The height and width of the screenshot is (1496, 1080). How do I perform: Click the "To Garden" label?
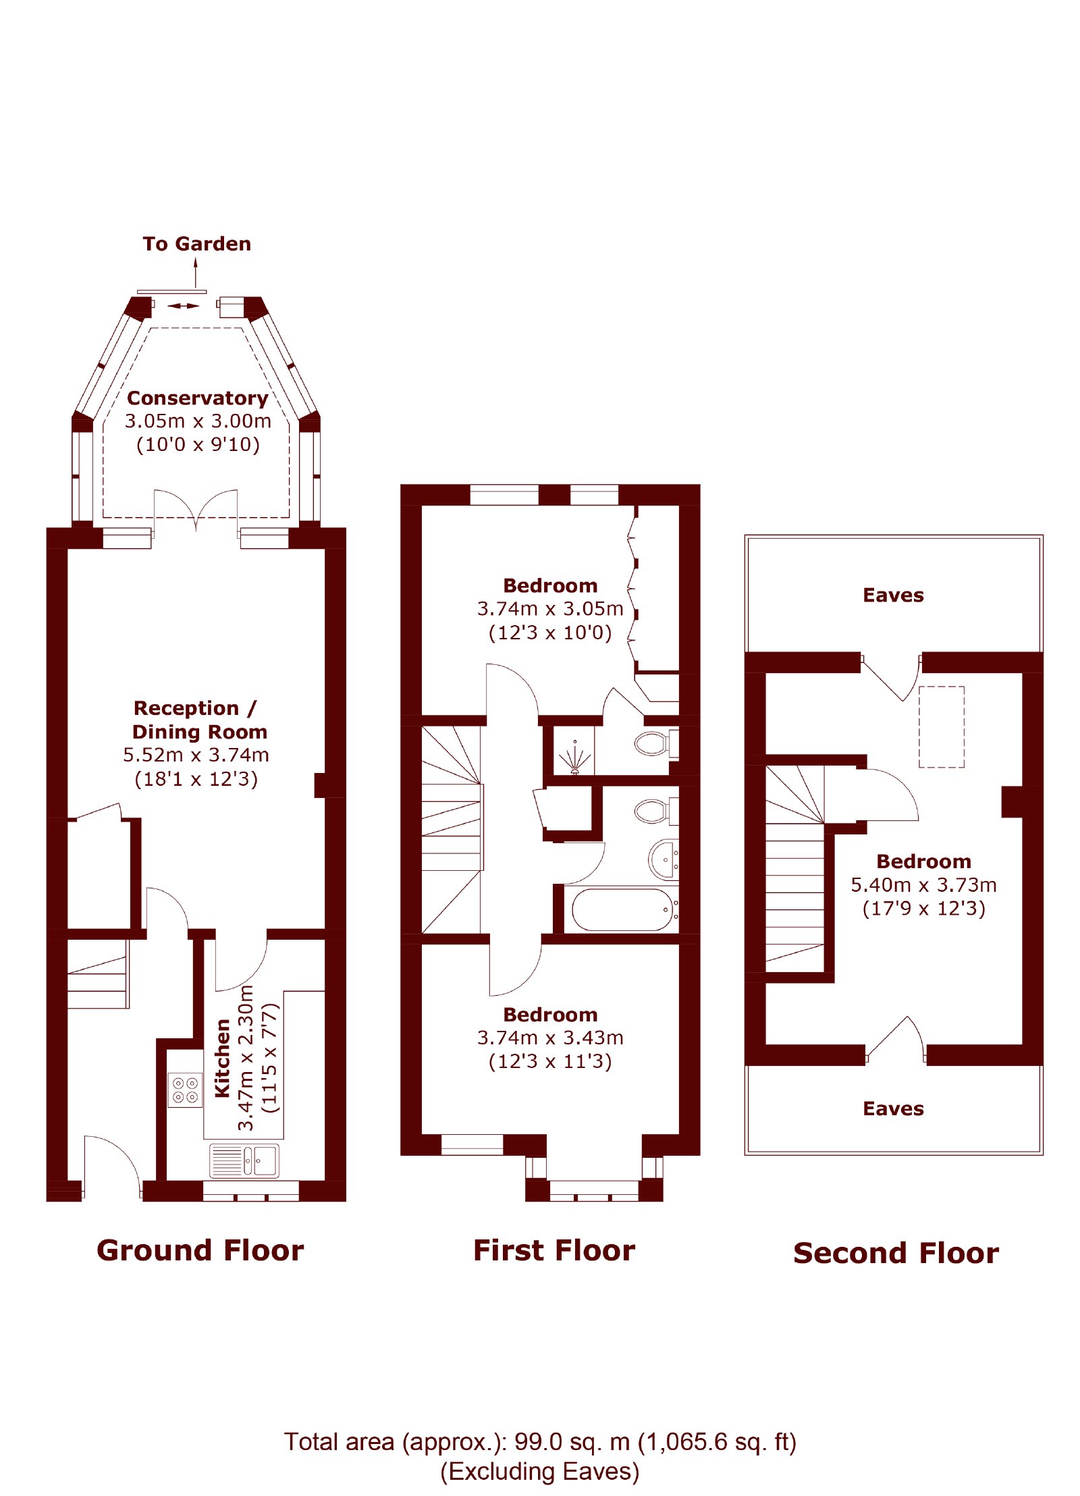click(196, 244)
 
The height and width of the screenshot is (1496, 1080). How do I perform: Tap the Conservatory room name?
click(198, 398)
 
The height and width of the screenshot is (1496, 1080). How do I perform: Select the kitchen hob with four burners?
click(185, 1090)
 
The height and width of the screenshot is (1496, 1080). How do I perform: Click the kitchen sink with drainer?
click(244, 1160)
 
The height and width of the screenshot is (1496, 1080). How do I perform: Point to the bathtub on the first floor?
click(622, 909)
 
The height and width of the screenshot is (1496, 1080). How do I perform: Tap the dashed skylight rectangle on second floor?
click(941, 727)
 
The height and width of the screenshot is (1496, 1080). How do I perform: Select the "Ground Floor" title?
click(200, 1250)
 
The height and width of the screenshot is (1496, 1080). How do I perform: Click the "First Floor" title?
click(554, 1250)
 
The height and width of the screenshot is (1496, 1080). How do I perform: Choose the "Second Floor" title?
click(896, 1252)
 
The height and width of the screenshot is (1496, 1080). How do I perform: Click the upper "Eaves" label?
click(893, 595)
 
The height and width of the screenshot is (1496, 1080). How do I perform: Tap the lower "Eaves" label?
click(893, 1108)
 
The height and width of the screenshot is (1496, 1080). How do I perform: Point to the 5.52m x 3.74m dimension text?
click(196, 755)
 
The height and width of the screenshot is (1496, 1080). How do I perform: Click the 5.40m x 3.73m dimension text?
click(923, 884)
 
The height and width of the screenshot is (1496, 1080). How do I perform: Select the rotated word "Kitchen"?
click(222, 1059)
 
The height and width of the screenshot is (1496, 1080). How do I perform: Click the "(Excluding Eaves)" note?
click(539, 1471)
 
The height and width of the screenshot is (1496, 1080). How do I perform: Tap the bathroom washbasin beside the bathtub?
click(664, 859)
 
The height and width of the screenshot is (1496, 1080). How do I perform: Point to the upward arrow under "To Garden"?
click(196, 273)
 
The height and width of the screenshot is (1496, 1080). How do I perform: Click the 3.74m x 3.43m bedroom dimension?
click(550, 1037)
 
